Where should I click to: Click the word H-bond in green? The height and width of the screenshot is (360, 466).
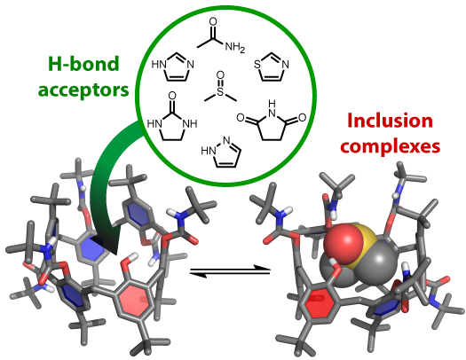tap(83, 64)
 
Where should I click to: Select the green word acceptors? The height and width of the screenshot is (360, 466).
tap(83, 89)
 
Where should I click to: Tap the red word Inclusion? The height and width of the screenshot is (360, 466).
tap(390, 121)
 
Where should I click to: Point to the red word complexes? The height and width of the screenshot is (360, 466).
tap(390, 146)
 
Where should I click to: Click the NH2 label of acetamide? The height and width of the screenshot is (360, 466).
tap(235, 47)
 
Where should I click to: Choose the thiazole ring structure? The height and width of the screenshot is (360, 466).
tap(272, 67)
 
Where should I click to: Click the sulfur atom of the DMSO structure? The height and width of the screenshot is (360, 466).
tap(220, 91)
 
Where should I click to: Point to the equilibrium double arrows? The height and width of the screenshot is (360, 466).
tap(230, 271)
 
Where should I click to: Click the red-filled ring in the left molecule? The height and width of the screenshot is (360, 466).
tap(134, 301)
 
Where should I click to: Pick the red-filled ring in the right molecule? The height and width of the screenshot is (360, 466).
tap(320, 303)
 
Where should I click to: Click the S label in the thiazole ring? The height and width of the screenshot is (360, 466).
tap(257, 65)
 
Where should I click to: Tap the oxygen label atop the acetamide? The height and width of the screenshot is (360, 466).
tap(213, 21)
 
